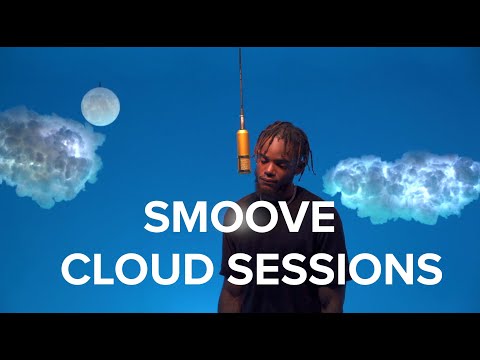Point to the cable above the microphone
click(x=240, y=85)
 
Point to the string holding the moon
click(x=100, y=84)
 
